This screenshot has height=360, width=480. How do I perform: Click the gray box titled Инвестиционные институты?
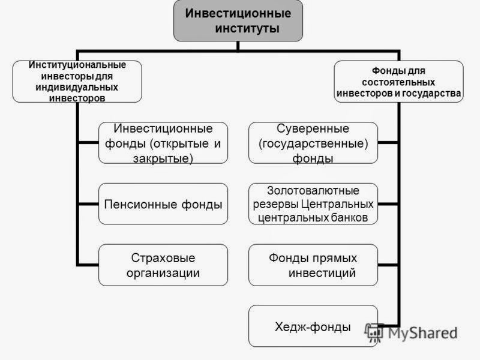click(238, 20)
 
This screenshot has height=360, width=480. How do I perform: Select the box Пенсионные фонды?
click(163, 204)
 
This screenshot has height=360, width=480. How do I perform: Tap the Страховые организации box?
click(163, 265)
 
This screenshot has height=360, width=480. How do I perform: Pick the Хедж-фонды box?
click(313, 326)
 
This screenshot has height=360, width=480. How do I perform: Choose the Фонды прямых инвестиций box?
click(313, 265)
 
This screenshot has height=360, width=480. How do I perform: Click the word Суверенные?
click(313, 128)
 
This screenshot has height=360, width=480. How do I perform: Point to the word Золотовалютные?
click(313, 190)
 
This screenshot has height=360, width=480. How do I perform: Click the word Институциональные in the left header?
click(77, 65)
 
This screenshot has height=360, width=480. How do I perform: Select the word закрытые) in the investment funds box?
click(163, 158)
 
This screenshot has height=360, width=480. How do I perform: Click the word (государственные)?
click(313, 143)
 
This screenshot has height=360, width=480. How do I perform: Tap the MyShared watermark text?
click(423, 333)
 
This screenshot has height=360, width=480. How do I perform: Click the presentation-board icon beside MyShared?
click(374, 332)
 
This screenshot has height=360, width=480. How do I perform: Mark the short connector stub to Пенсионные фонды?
click(89, 204)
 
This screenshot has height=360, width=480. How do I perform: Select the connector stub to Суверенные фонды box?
click(388, 143)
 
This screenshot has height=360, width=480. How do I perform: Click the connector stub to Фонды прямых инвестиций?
click(388, 265)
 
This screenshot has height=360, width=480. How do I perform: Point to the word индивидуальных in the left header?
click(77, 87)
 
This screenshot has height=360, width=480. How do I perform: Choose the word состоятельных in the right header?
click(398, 82)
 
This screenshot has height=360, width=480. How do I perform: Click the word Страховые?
click(163, 258)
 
